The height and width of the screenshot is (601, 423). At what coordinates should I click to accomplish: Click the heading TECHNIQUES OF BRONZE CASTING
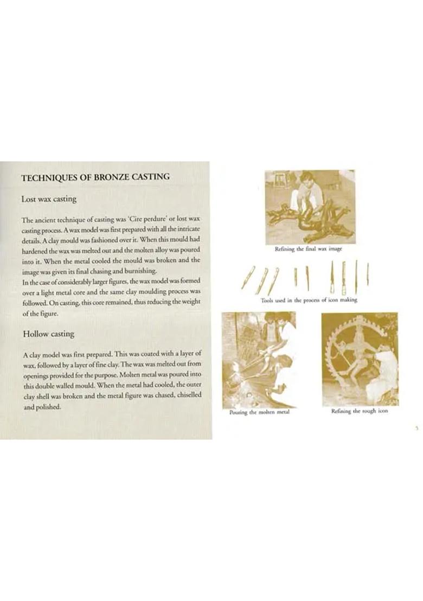coord(95,177)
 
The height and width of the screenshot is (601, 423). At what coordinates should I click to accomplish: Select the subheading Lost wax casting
coord(49,199)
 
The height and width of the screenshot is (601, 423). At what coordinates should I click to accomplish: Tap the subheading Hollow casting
coord(48,334)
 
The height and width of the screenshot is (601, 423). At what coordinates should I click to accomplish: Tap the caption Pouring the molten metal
coord(256,412)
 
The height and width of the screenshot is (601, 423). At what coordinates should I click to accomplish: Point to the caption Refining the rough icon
coord(360,411)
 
